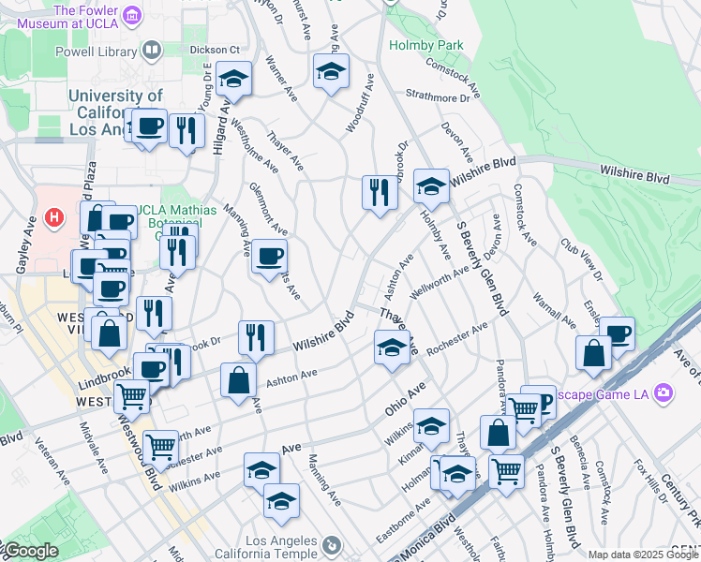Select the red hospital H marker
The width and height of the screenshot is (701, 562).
tap(55, 217)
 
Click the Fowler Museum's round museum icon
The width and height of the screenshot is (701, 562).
tap(132, 16)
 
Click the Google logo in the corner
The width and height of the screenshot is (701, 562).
tap(30, 551)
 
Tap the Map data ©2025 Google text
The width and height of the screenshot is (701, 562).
tap(643, 555)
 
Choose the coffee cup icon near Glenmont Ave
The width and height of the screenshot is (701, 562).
tap(270, 257)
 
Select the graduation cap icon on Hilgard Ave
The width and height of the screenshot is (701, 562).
tap(234, 80)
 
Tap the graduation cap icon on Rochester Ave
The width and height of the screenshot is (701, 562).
tap(392, 348)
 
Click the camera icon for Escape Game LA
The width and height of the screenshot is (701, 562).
tap(664, 392)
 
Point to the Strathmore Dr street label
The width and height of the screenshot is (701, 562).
tap(438, 96)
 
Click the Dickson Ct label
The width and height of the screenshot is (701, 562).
tap(215, 49)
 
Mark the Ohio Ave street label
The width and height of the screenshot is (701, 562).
tap(405, 398)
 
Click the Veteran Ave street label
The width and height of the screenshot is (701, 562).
tap(52, 459)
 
